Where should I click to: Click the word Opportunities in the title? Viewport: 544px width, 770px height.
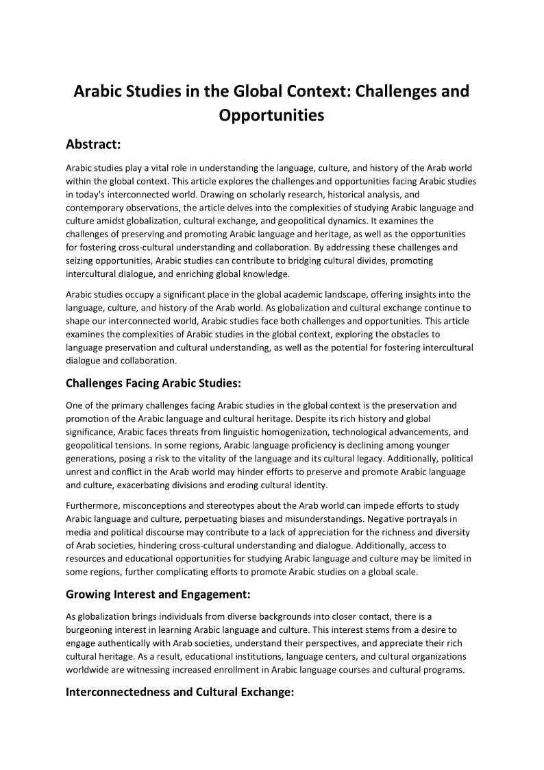click(x=271, y=115)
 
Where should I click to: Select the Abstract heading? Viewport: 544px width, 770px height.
click(x=93, y=144)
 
